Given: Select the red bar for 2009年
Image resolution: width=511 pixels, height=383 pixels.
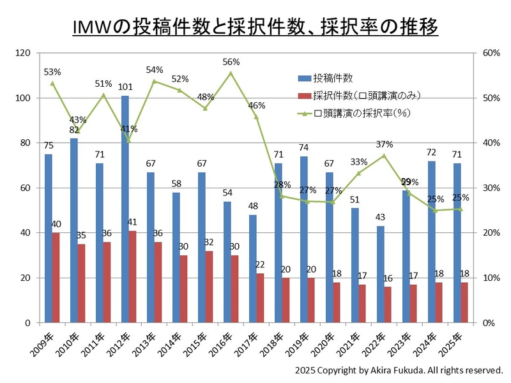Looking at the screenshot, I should (x=56, y=278).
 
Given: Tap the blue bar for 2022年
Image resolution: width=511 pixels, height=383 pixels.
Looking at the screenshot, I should (x=381, y=274).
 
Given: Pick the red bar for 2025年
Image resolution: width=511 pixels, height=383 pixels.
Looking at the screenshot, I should (x=465, y=303).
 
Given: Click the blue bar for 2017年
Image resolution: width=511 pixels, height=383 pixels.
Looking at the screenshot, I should (x=253, y=269).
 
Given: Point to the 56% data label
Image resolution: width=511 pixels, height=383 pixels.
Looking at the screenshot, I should (x=231, y=62).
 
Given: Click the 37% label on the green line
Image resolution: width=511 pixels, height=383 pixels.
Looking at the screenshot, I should (x=385, y=144).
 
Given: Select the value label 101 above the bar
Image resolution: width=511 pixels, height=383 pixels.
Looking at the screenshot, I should (x=125, y=87).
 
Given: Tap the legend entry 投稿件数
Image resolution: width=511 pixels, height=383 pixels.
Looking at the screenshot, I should (x=332, y=79).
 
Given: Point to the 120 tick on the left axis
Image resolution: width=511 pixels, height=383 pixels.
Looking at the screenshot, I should (x=22, y=54).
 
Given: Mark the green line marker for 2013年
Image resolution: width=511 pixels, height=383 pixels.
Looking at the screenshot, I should (x=155, y=81).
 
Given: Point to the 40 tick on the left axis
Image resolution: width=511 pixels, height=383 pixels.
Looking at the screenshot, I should (x=25, y=233).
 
